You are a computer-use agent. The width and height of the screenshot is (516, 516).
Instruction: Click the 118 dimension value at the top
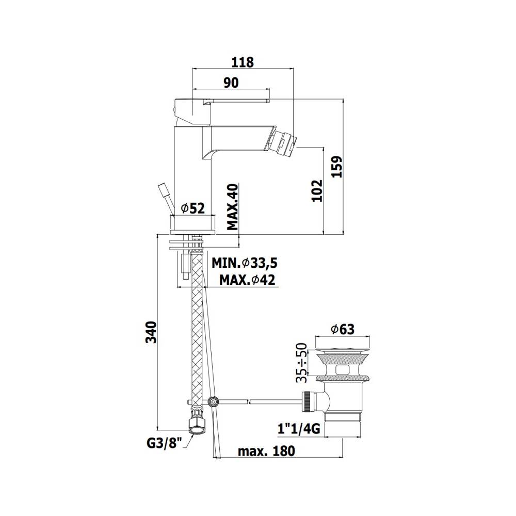pos(243,62)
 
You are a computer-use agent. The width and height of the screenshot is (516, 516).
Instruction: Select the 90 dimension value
pos(231,83)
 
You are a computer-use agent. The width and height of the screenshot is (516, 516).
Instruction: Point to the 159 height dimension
pos(337,167)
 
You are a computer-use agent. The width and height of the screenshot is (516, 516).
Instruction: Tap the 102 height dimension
pos(317,190)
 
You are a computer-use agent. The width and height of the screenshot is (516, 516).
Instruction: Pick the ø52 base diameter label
pos(193,208)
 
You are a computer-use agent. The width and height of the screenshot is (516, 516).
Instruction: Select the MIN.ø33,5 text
pos(245,263)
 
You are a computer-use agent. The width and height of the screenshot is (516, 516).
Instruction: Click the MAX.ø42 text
pos(247,280)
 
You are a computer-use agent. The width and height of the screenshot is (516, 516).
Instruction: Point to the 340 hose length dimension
pos(151,332)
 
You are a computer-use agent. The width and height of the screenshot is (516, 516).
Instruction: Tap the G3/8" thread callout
pos(165,443)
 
